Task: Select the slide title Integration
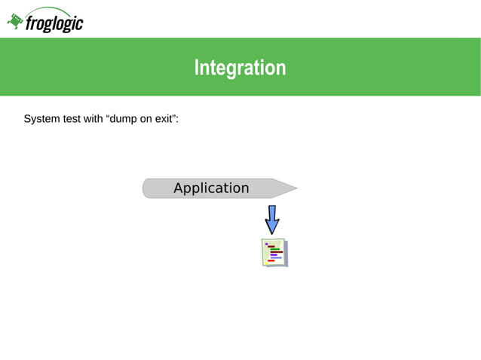(x=240, y=68)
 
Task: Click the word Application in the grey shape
(x=211, y=188)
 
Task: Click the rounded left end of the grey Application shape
(x=146, y=188)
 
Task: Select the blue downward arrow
(x=272, y=218)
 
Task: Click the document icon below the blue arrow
(x=274, y=252)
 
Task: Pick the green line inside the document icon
(x=274, y=249)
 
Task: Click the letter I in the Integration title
(x=197, y=68)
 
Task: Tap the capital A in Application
(x=179, y=188)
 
